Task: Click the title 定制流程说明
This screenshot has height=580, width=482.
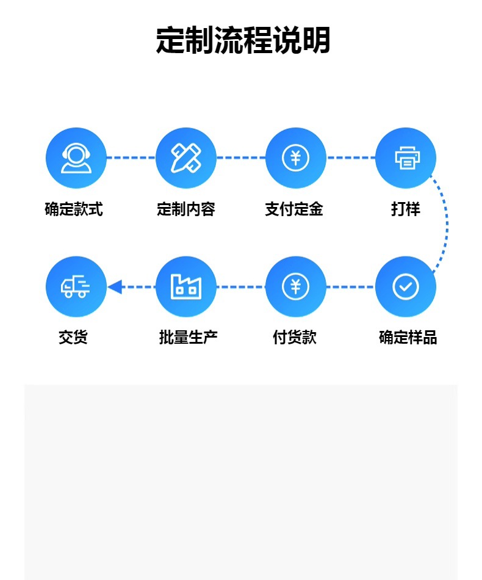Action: [x=243, y=41]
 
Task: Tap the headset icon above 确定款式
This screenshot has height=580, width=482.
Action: [x=76, y=158]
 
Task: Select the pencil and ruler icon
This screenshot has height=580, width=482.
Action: [x=186, y=158]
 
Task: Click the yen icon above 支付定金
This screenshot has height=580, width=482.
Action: [x=296, y=158]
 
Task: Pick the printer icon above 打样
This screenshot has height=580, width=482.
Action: [x=406, y=158]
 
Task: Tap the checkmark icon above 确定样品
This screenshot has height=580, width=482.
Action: [x=406, y=286]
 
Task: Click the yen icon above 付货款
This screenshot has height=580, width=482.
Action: [x=296, y=286]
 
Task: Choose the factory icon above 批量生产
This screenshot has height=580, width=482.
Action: [x=186, y=286]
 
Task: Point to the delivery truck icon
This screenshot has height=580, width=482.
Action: [x=76, y=286]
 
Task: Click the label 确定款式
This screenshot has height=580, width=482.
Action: [x=74, y=209]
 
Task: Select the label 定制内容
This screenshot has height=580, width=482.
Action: [x=186, y=209]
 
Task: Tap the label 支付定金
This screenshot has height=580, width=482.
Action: [x=294, y=209]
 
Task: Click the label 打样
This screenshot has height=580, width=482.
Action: [x=406, y=209]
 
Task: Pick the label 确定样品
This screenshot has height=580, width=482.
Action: [x=408, y=337]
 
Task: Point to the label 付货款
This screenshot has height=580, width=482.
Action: [x=295, y=337]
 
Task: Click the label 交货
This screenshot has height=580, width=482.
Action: [x=73, y=337]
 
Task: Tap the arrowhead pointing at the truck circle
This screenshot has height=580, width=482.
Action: [x=115, y=286]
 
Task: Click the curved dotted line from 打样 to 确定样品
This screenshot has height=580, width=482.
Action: [x=447, y=222]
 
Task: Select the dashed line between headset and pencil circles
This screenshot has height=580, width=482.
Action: [x=131, y=158]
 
